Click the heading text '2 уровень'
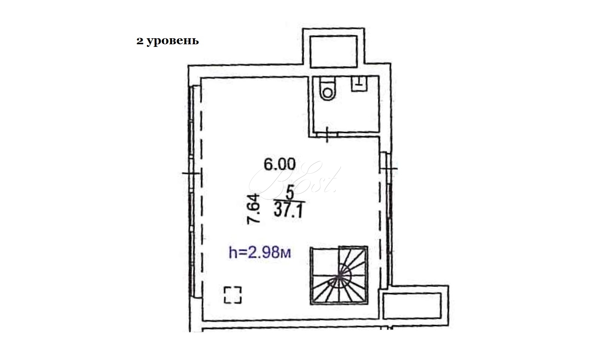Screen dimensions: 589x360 click(x=167, y=41)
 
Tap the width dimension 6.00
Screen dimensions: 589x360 click(x=279, y=165)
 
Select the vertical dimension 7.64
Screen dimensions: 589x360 click(x=253, y=209)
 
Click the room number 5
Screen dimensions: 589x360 click(x=290, y=193)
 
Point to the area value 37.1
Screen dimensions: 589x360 click(x=288, y=210)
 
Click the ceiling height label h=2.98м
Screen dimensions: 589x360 click(x=260, y=252)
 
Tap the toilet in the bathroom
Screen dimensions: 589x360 click(x=328, y=88)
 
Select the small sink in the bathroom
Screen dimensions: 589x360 click(x=359, y=84)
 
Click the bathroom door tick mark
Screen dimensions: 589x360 click(x=327, y=135)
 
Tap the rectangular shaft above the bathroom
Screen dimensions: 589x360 click(x=334, y=52)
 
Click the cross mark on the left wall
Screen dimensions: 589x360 click(x=192, y=173)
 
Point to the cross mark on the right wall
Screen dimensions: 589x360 click(x=388, y=168)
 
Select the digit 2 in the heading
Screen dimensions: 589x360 click(x=140, y=41)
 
